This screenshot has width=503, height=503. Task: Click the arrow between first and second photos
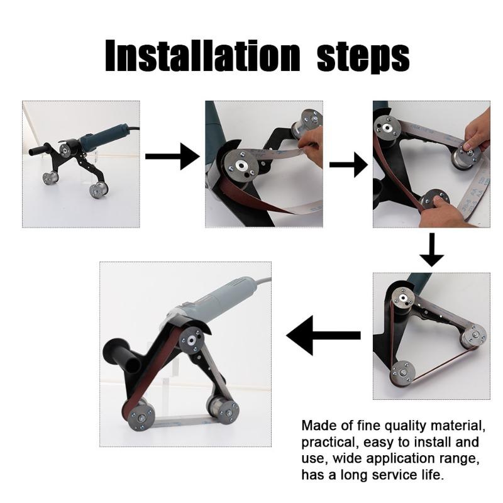(172, 156)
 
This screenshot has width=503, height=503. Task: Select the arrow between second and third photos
(348, 165)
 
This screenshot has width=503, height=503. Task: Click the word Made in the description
(319, 425)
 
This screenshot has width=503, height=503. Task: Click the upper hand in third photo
(478, 131)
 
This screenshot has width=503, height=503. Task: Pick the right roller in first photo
(98, 189)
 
